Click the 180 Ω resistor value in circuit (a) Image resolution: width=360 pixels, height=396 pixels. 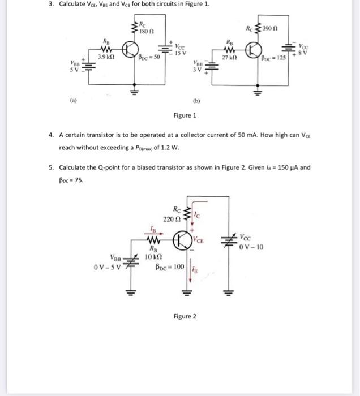(148, 31)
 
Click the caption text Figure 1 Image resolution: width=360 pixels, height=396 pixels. (187, 115)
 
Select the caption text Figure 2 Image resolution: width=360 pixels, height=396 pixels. (186, 316)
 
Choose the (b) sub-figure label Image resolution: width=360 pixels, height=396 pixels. (196, 103)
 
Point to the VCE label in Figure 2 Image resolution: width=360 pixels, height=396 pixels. (199, 240)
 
